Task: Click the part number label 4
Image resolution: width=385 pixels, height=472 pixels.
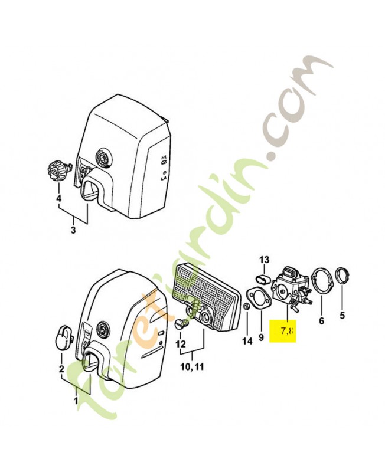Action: [58, 198]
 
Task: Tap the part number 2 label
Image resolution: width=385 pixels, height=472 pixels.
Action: [60, 370]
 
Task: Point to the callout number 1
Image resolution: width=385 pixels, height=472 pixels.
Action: [75, 401]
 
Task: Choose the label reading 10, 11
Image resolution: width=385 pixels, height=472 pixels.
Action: [191, 367]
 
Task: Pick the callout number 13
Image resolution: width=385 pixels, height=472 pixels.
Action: [264, 260]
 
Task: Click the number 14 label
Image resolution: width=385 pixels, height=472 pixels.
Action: [247, 340]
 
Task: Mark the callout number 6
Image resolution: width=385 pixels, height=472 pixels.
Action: [321, 322]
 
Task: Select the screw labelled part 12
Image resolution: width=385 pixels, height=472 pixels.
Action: [181, 324]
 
